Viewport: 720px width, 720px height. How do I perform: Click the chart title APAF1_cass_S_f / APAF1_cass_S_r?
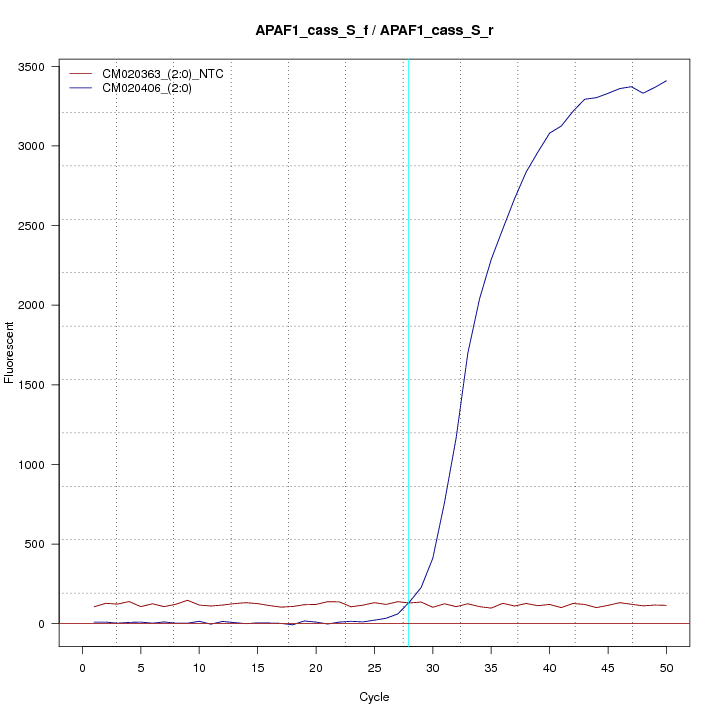click(374, 31)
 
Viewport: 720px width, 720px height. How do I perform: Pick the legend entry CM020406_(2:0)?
click(154, 88)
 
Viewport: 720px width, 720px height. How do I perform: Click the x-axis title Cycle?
click(374, 697)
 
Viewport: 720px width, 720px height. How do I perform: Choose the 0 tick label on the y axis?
click(49, 623)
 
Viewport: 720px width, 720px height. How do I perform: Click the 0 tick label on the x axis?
click(82, 667)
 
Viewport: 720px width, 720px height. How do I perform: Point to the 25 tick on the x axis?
click(374, 667)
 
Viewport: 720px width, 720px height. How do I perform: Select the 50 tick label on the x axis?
click(666, 667)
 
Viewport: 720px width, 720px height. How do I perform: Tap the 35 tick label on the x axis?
click(491, 667)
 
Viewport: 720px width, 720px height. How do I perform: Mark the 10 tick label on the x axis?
click(199, 667)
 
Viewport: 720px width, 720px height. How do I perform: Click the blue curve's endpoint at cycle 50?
click(666, 81)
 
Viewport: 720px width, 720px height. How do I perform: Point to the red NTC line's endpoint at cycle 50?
click(666, 606)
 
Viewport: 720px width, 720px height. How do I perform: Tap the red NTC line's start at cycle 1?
click(94, 607)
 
